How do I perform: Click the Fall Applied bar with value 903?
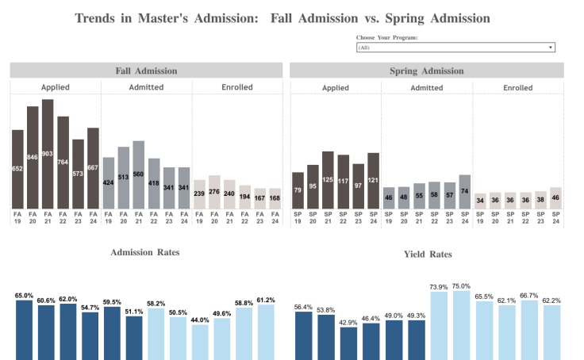(48, 154)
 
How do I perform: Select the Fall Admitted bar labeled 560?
(138, 174)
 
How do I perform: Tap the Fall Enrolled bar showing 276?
(214, 192)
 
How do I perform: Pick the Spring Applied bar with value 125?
(328, 180)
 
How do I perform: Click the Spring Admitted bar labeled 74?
(464, 192)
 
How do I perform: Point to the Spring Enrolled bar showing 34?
(480, 201)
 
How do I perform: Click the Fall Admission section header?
(146, 71)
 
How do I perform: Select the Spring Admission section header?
(427, 71)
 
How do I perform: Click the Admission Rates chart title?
(146, 252)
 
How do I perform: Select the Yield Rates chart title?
(427, 255)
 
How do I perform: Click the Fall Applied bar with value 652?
(17, 169)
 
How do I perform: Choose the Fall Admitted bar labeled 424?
(109, 183)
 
